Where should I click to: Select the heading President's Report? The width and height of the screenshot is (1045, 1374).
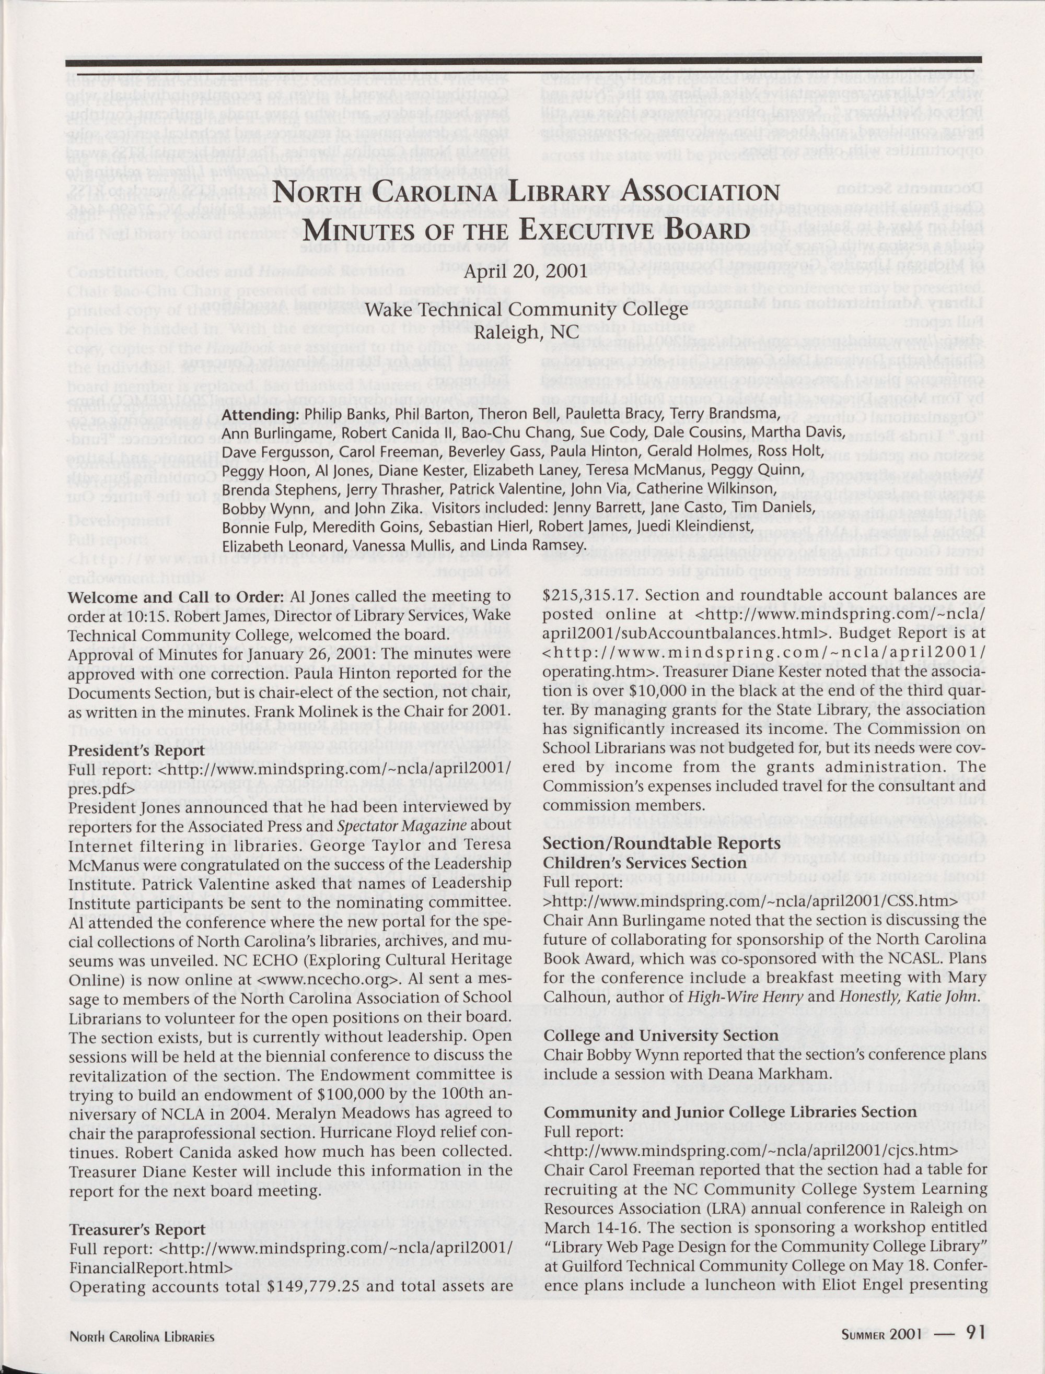tap(137, 750)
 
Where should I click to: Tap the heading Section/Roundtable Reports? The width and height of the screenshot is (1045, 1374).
tap(661, 843)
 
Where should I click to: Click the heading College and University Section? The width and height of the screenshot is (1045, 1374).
tap(660, 1035)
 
